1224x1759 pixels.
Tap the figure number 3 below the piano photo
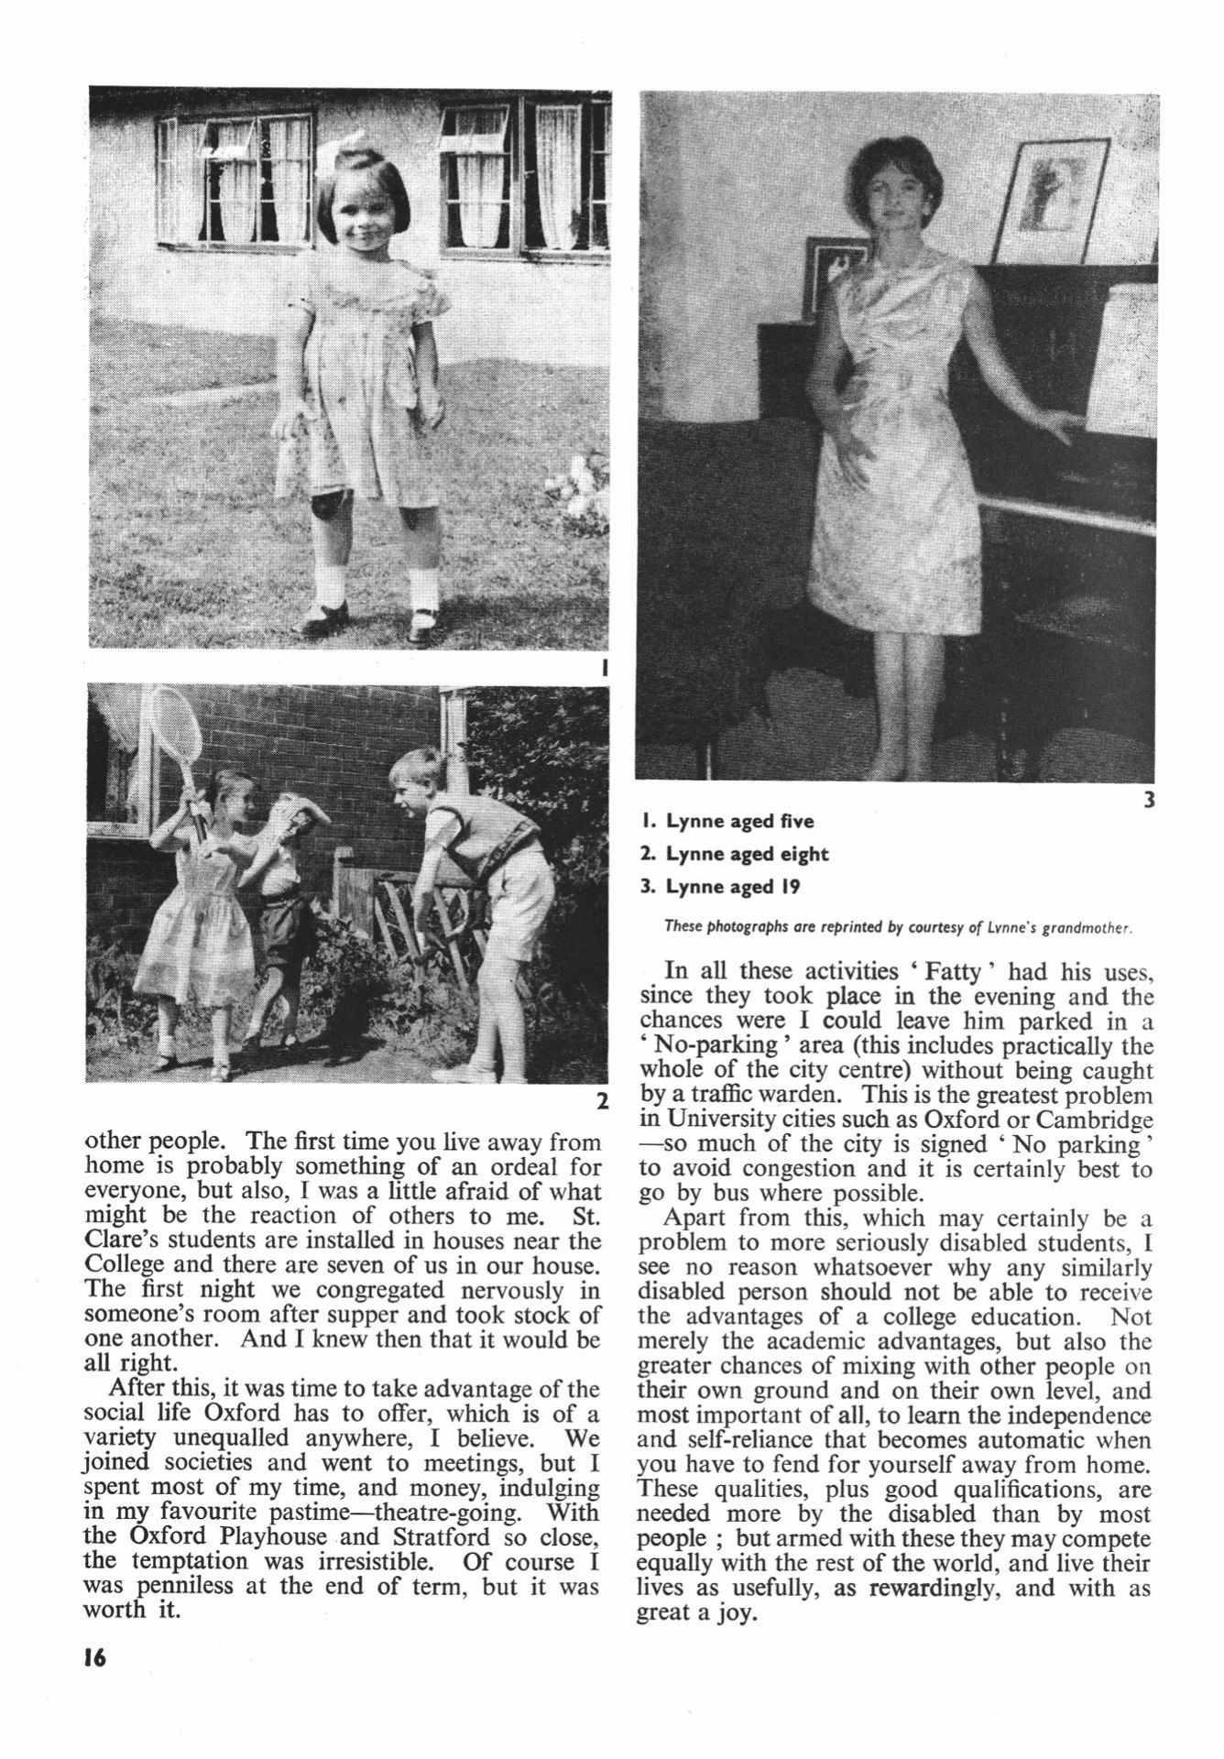tap(1149, 800)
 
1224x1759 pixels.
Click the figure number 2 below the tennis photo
tap(602, 1102)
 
